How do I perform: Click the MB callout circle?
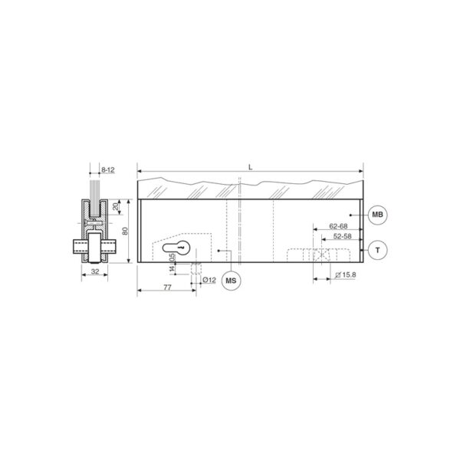tap(377, 215)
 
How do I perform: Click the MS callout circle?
tap(231, 281)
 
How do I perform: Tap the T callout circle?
tap(377, 250)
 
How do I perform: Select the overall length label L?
tap(250, 167)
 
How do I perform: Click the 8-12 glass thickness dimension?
tap(107, 170)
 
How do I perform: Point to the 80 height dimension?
tap(125, 231)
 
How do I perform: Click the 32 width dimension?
tap(95, 271)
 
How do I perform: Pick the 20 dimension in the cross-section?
tap(115, 206)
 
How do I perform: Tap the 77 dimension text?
tap(167, 287)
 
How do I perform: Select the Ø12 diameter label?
tap(209, 280)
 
